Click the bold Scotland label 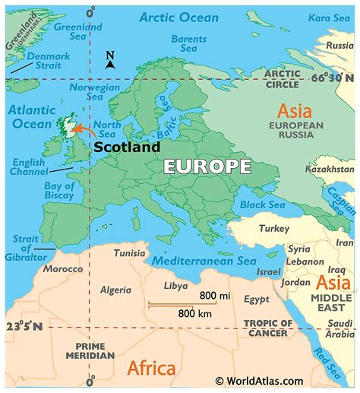(127, 147)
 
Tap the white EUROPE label (207, 167)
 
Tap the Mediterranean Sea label (204, 261)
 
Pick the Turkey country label (275, 228)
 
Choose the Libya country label (176, 285)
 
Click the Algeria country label (116, 290)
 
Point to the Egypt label (257, 300)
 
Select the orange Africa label (152, 369)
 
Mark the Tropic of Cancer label (267, 328)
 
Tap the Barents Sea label (188, 44)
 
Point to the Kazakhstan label (330, 169)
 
